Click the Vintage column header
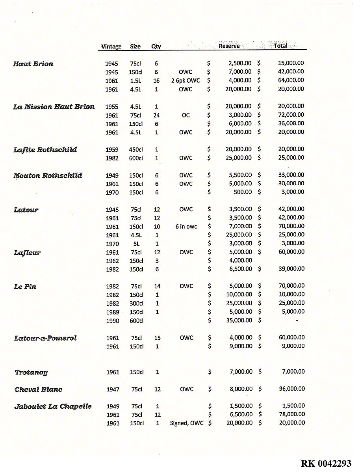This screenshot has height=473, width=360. pos(111,47)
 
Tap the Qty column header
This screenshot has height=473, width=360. pos(156,47)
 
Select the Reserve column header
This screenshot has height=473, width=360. pos(229,46)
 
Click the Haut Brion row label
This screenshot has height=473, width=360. pos(33,64)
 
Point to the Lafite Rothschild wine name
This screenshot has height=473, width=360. pos(45,150)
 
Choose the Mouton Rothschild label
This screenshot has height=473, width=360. pos(48,175)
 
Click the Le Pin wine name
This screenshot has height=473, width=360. pos(25,287)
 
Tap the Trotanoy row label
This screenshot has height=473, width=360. pos(31,372)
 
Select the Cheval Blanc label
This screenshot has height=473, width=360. pos(38,389)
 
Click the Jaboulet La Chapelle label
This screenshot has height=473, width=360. pos(53,406)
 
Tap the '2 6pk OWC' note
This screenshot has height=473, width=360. pos(186,80)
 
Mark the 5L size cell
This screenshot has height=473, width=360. pos(136,244)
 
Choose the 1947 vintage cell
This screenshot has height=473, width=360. pos(112,389)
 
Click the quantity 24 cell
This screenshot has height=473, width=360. pos(156,115)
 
